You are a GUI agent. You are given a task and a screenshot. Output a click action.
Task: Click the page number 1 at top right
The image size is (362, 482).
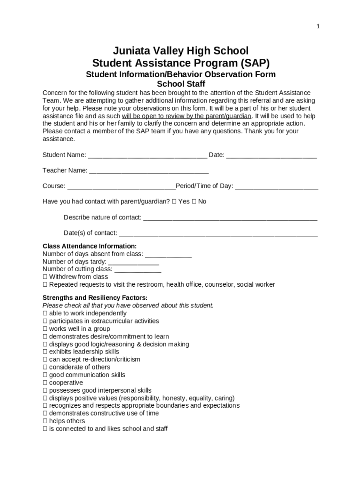[x=318, y=27]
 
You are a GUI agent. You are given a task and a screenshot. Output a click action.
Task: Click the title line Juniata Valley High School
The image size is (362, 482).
[x=181, y=51]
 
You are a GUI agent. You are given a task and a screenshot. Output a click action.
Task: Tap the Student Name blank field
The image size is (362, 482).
[x=147, y=156]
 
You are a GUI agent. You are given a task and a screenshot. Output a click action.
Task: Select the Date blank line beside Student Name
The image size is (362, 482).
[x=271, y=156]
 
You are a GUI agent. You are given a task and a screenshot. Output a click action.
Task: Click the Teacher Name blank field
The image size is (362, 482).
[x=149, y=171]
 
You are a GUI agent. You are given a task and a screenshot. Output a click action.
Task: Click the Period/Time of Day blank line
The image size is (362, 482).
[x=276, y=187]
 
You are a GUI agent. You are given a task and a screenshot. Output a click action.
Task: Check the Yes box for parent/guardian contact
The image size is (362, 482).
[x=174, y=201]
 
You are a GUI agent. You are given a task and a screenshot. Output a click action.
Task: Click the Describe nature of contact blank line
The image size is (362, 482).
[x=230, y=218]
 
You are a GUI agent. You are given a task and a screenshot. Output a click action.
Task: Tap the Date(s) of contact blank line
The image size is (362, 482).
[x=218, y=234]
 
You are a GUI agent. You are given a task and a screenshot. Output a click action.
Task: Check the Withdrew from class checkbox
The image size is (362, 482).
[x=45, y=277]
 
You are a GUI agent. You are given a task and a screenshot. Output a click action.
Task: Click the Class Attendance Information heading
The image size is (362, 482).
[x=89, y=246]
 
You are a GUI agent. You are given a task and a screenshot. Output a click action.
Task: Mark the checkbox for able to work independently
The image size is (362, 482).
[x=45, y=313]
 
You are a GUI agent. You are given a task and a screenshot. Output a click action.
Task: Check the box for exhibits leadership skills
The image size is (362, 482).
[x=45, y=352]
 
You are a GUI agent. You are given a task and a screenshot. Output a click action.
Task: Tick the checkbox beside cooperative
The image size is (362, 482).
[x=45, y=383]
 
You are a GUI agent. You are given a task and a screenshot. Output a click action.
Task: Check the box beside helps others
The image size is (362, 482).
[x=45, y=421]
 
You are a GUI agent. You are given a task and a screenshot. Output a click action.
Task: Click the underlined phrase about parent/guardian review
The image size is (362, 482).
[x=187, y=116]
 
